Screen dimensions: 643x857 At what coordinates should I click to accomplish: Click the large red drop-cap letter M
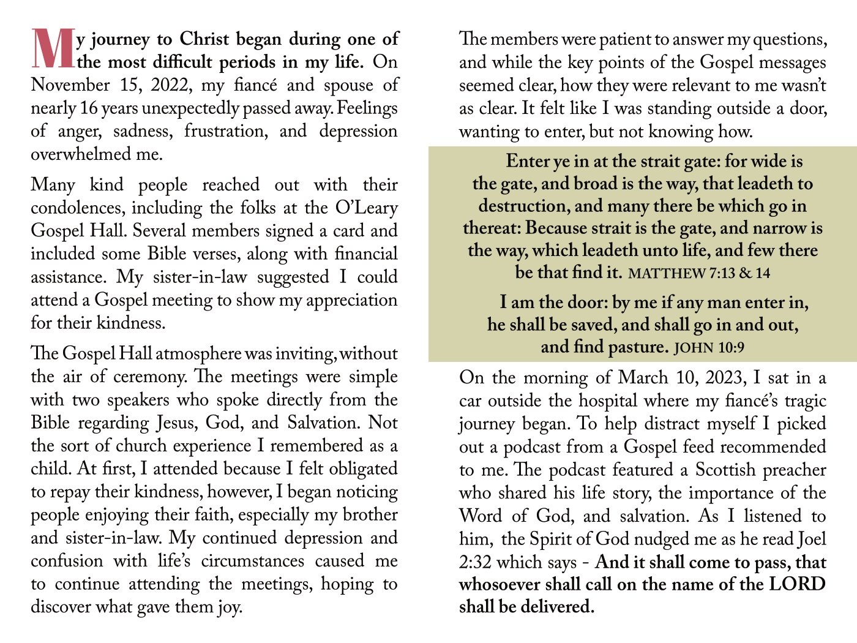tap(53, 49)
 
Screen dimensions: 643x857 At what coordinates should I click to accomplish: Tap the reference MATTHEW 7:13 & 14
tap(699, 273)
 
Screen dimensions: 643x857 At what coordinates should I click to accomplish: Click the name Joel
tap(812, 539)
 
